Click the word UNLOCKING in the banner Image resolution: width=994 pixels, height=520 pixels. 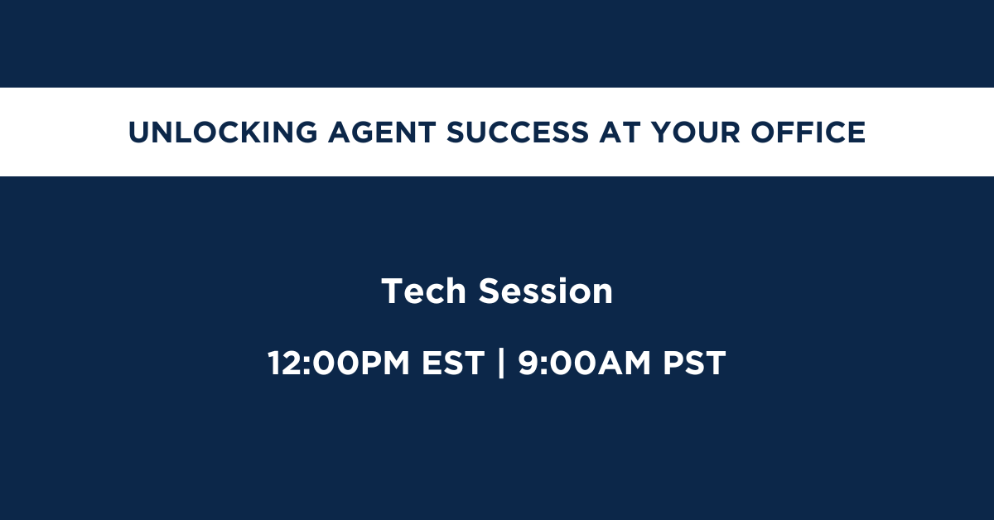coord(223,132)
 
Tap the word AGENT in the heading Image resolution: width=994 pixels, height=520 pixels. coord(382,132)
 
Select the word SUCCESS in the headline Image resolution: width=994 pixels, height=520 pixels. coord(518,132)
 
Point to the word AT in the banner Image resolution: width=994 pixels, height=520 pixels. coord(620,132)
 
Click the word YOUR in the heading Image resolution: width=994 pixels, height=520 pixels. coord(696,132)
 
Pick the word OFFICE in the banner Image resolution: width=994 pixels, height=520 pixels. coord(808,132)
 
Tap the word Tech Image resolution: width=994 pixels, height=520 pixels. coord(424,291)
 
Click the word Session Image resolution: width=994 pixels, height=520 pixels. coord(545,291)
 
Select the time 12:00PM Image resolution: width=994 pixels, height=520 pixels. coord(339,363)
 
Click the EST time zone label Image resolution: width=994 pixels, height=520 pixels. coord(453,363)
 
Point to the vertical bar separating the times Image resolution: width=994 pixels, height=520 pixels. coord(501,363)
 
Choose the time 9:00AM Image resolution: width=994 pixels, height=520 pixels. coord(585,363)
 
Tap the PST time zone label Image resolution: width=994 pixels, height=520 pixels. coord(694,363)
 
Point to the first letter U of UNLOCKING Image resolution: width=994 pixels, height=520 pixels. coord(139,132)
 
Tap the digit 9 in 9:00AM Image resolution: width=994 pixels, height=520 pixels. coord(528,363)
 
